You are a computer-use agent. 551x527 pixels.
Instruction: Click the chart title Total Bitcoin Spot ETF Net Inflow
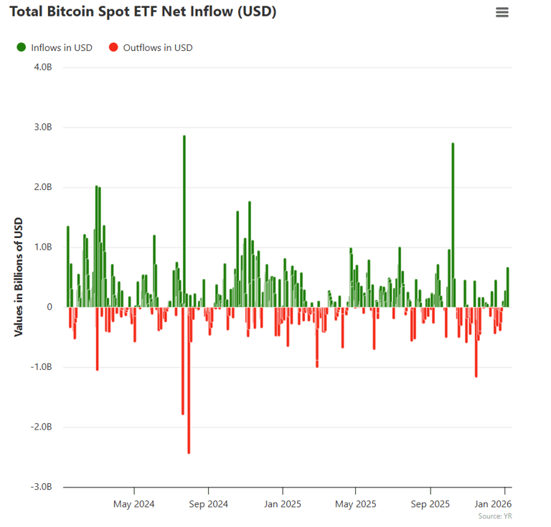coord(143,12)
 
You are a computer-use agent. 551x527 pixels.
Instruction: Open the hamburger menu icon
coord(502,12)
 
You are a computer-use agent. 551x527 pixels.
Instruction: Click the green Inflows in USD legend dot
coord(21,47)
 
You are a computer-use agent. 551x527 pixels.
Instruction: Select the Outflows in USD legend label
coord(158,47)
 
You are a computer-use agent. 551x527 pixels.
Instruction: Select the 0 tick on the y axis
coord(50,307)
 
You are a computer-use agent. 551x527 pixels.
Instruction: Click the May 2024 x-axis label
coord(134,503)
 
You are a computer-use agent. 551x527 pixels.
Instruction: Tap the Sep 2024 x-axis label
coord(208,503)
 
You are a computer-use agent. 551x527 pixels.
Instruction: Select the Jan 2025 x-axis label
coord(282,503)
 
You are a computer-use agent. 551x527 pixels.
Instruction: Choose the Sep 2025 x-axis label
coord(430,503)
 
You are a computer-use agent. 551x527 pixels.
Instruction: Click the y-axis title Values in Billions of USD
coord(19,277)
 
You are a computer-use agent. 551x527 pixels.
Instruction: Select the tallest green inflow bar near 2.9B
coord(184,215)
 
